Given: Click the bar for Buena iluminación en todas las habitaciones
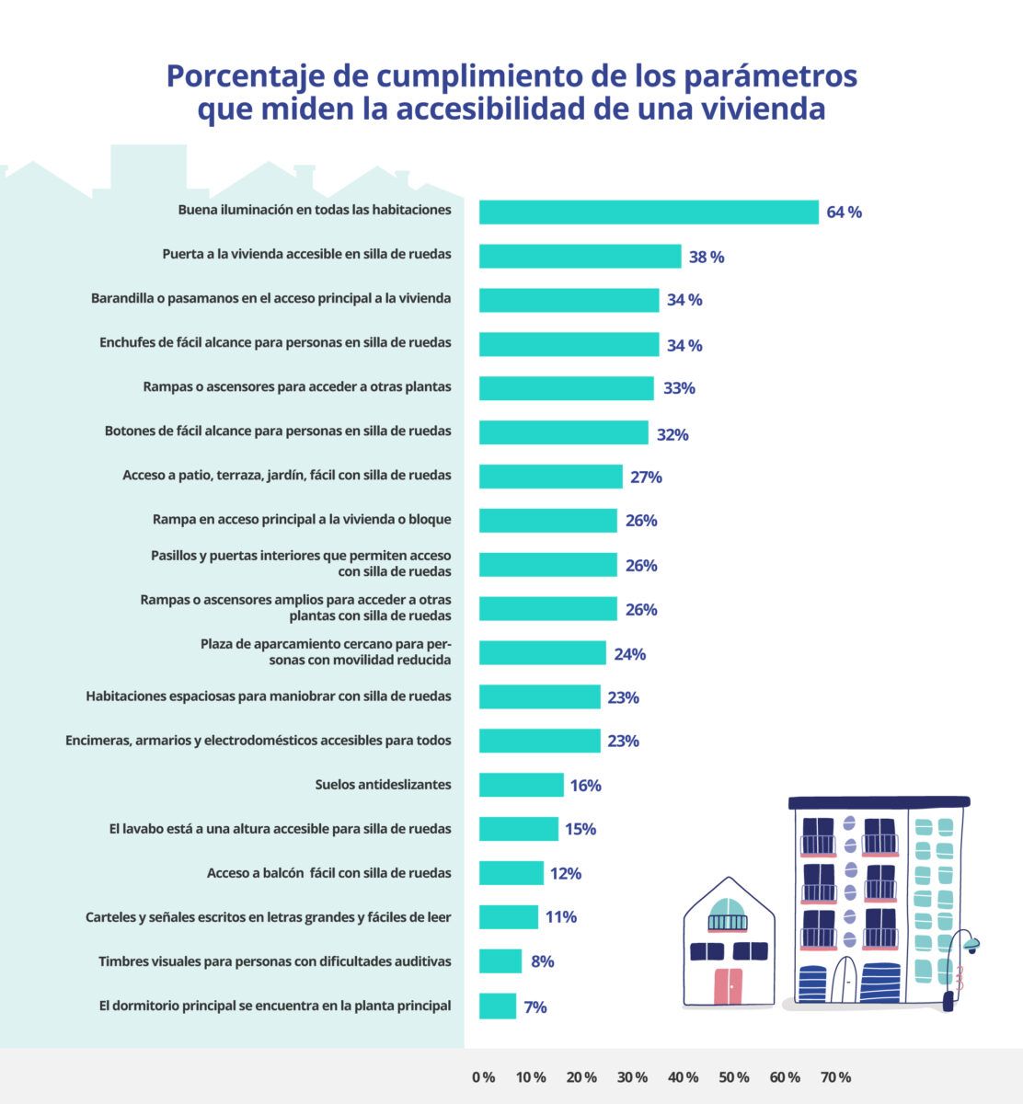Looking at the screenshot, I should [649, 212].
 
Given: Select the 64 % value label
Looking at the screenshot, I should [844, 213].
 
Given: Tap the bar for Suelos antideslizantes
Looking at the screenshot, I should [521, 785].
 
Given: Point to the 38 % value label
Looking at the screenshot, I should [707, 258].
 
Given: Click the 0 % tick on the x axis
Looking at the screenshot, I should [483, 1077].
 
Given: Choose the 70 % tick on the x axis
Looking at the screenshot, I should [835, 1077].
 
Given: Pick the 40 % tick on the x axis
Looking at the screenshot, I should [683, 1077].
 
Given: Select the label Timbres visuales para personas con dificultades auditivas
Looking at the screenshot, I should [275, 961].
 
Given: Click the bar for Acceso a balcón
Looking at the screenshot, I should [511, 873].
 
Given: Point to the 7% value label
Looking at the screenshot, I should [535, 1007].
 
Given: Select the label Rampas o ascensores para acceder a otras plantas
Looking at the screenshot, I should [297, 386].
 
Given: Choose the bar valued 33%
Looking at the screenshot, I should [566, 388].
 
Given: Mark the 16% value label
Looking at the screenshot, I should [585, 786].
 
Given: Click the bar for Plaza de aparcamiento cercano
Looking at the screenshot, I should [542, 653].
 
